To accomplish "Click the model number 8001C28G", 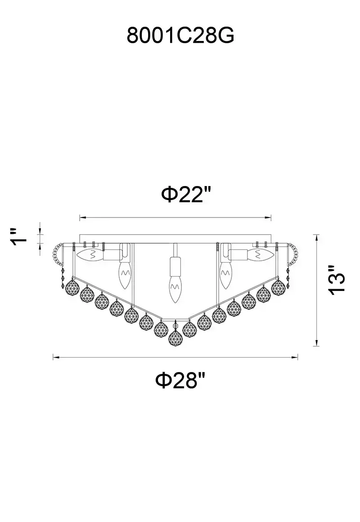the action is coord(180,36).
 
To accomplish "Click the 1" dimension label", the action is coord(18,237).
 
